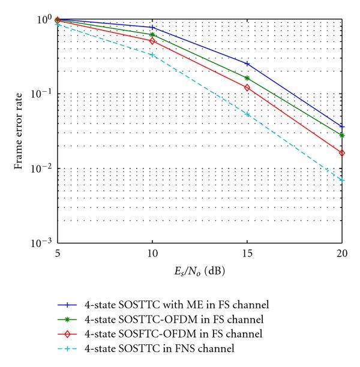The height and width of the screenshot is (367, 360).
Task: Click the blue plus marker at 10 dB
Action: coord(152,28)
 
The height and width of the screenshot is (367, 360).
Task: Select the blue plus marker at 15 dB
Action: coord(247,64)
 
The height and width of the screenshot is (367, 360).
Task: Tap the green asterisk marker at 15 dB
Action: coord(247,78)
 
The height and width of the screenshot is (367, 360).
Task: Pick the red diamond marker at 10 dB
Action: coord(152,41)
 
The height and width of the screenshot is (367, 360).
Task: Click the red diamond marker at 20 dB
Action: coord(342,153)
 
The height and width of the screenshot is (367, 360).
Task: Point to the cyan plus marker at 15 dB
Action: coord(247,114)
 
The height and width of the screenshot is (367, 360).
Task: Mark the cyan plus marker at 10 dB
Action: coord(152,55)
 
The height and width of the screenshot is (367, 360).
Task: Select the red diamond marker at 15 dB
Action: coord(247,88)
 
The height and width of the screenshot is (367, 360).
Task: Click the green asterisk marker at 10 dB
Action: coord(152,35)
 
